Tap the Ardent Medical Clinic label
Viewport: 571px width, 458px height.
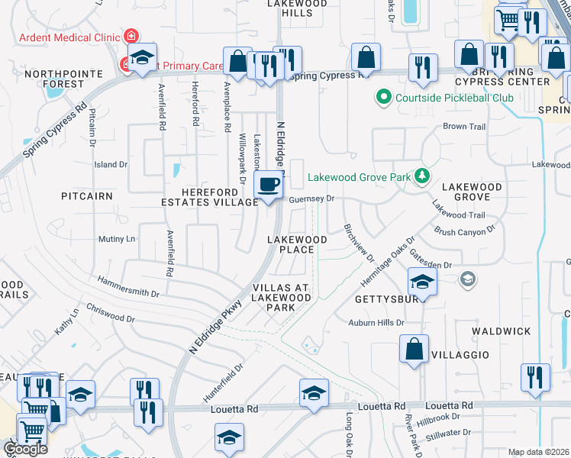(x=71, y=37)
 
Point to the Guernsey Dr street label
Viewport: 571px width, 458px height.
(x=313, y=198)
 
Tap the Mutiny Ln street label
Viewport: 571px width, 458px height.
(x=116, y=239)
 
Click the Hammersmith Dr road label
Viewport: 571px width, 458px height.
(x=127, y=288)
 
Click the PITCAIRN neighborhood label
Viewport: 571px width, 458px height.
(x=87, y=196)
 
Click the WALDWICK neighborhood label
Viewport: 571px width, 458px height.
(x=501, y=331)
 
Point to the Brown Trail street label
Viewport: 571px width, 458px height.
(x=464, y=127)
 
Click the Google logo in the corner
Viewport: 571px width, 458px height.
(x=25, y=449)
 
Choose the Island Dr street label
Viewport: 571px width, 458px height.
(x=111, y=165)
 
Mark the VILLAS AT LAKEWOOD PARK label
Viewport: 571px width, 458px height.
(x=280, y=298)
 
